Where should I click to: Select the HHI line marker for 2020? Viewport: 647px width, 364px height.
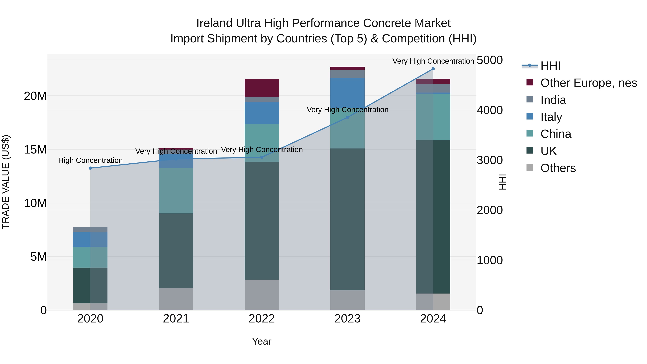tap(90, 168)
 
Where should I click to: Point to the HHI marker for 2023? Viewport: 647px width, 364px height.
tap(347, 117)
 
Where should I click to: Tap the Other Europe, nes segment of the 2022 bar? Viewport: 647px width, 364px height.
tap(262, 88)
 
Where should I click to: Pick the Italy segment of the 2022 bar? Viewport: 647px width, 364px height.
tap(262, 113)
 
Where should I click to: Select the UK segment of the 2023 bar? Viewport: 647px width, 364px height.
tap(347, 219)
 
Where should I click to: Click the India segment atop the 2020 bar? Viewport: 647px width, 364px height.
tap(90, 230)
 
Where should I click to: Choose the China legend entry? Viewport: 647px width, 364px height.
tap(556, 134)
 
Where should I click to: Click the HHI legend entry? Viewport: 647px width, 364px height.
tap(550, 66)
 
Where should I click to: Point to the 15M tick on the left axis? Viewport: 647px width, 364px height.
tap(35, 150)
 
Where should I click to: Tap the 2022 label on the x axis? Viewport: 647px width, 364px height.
tap(262, 319)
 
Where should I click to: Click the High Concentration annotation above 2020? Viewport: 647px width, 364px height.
tap(90, 160)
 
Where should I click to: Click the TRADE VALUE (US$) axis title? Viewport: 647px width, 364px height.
tap(6, 182)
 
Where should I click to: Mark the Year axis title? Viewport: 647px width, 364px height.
tap(262, 341)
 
